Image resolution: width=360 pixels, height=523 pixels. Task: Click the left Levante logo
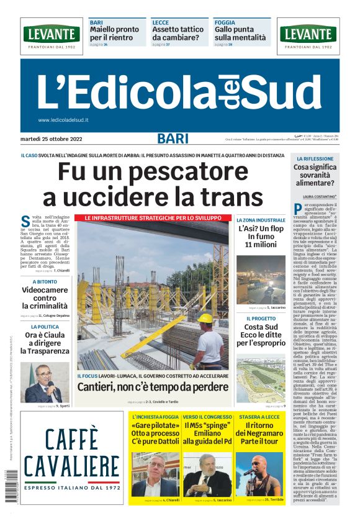tap(52, 35)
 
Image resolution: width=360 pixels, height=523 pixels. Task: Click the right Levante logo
tap(308, 35)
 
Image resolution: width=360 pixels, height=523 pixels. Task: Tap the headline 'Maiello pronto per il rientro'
tap(115, 34)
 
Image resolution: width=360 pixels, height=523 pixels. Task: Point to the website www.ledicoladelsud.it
tap(63, 120)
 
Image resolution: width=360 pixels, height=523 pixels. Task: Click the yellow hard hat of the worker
tap(204, 319)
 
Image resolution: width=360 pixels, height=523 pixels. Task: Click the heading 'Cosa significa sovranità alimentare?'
tap(317, 175)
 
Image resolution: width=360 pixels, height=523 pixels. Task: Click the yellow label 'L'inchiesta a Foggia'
tap(153, 416)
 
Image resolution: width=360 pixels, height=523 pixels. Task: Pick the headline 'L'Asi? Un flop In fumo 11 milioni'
tap(261, 237)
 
